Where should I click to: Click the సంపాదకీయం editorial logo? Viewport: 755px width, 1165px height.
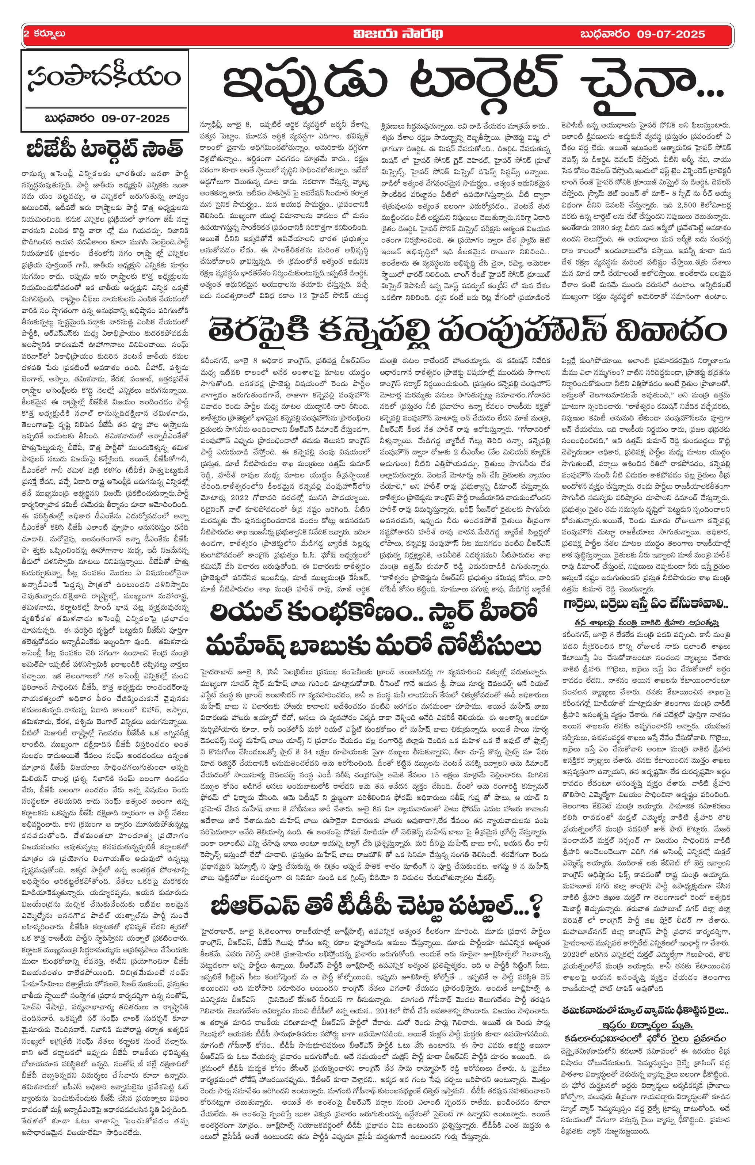104,78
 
